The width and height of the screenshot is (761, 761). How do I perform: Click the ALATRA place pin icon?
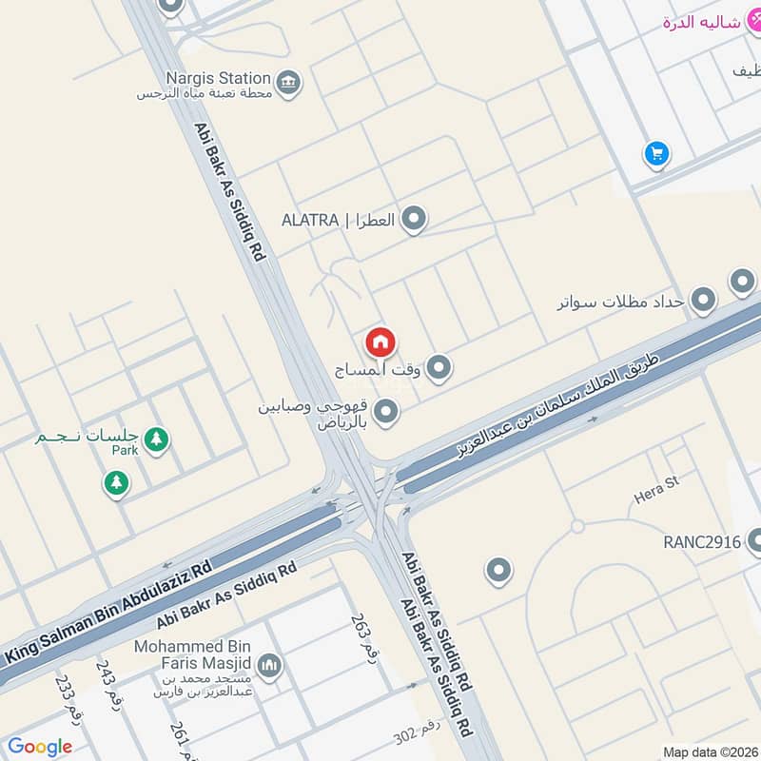(x=413, y=220)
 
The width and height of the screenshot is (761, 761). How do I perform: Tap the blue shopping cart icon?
(x=655, y=152)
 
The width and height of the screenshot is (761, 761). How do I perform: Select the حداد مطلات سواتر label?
(x=620, y=302)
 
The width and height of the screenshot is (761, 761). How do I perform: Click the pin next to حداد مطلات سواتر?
(x=703, y=301)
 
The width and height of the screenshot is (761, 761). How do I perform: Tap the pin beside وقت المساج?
(x=438, y=366)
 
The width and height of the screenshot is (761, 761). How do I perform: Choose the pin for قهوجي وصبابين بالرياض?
(x=385, y=412)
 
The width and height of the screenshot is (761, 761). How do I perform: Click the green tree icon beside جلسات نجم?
(x=157, y=439)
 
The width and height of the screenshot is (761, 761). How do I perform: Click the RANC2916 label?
(x=702, y=542)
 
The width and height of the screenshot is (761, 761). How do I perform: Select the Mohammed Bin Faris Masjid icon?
(x=270, y=665)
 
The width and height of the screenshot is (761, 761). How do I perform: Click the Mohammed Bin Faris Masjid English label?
(x=192, y=654)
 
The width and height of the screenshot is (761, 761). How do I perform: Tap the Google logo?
(x=40, y=747)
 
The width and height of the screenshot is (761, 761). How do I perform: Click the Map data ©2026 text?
(x=711, y=751)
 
